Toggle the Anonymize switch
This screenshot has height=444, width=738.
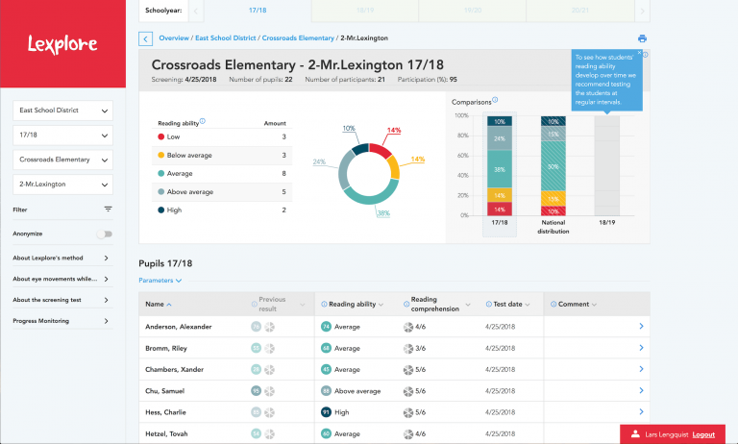pyautogui.click(x=104, y=234)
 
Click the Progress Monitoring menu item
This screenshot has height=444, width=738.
pyautogui.click(x=62, y=321)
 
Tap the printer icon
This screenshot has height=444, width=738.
pyautogui.click(x=642, y=38)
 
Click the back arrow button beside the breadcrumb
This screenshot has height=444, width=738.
pyautogui.click(x=145, y=38)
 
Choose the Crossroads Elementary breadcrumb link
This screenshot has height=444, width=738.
pyautogui.click(x=298, y=38)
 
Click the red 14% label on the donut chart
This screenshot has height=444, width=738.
pyautogui.click(x=394, y=130)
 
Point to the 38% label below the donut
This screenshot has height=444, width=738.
pyautogui.click(x=382, y=212)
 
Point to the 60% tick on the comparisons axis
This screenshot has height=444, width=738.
pyautogui.click(x=460, y=155)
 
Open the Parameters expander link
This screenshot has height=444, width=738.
pyautogui.click(x=160, y=281)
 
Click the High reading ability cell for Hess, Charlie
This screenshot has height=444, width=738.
pyautogui.click(x=341, y=412)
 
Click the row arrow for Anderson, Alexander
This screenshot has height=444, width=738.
pyautogui.click(x=641, y=327)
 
